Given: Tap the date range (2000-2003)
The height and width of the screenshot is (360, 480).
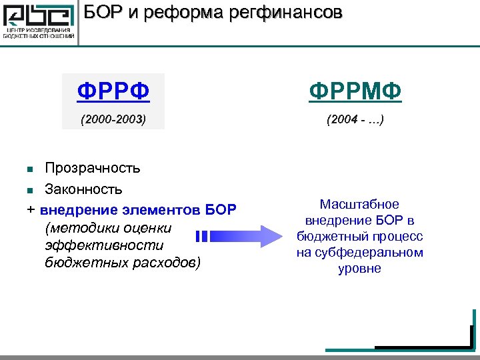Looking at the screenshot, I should [x=113, y=120].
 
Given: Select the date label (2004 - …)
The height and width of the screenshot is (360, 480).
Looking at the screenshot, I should [x=355, y=120].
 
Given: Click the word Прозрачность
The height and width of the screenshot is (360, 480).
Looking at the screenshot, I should [x=93, y=166].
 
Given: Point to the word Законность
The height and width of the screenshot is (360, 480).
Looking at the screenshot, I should [x=83, y=188].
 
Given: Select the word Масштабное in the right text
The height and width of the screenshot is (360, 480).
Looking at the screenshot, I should [x=359, y=204].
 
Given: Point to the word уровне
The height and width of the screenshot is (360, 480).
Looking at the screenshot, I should [x=359, y=268].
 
